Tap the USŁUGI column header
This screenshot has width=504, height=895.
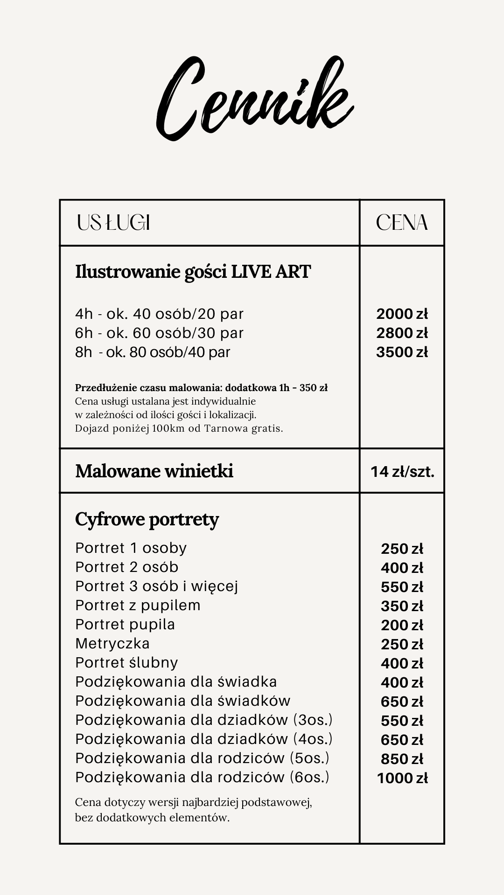point(113,223)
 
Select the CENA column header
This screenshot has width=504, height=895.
point(402,223)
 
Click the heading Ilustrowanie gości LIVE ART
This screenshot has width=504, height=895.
point(193,271)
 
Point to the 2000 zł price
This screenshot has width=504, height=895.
point(402,314)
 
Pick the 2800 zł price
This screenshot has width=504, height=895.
point(402,333)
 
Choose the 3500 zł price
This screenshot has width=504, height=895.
point(402,352)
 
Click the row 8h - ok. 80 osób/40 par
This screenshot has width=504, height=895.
point(153,352)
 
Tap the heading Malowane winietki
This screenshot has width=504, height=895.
point(154,471)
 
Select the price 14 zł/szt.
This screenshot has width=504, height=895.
point(402,472)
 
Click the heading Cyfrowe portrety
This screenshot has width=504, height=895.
point(147,519)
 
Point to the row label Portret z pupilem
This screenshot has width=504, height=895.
point(138,605)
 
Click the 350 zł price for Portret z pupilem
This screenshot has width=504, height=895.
point(402,606)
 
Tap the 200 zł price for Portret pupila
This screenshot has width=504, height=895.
point(402,625)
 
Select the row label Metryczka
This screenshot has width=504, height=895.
point(112,643)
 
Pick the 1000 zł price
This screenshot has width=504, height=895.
point(402,778)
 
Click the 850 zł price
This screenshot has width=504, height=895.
point(402,759)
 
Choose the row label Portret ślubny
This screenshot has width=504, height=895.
point(126,662)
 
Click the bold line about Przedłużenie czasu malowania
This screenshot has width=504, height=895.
point(201,388)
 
